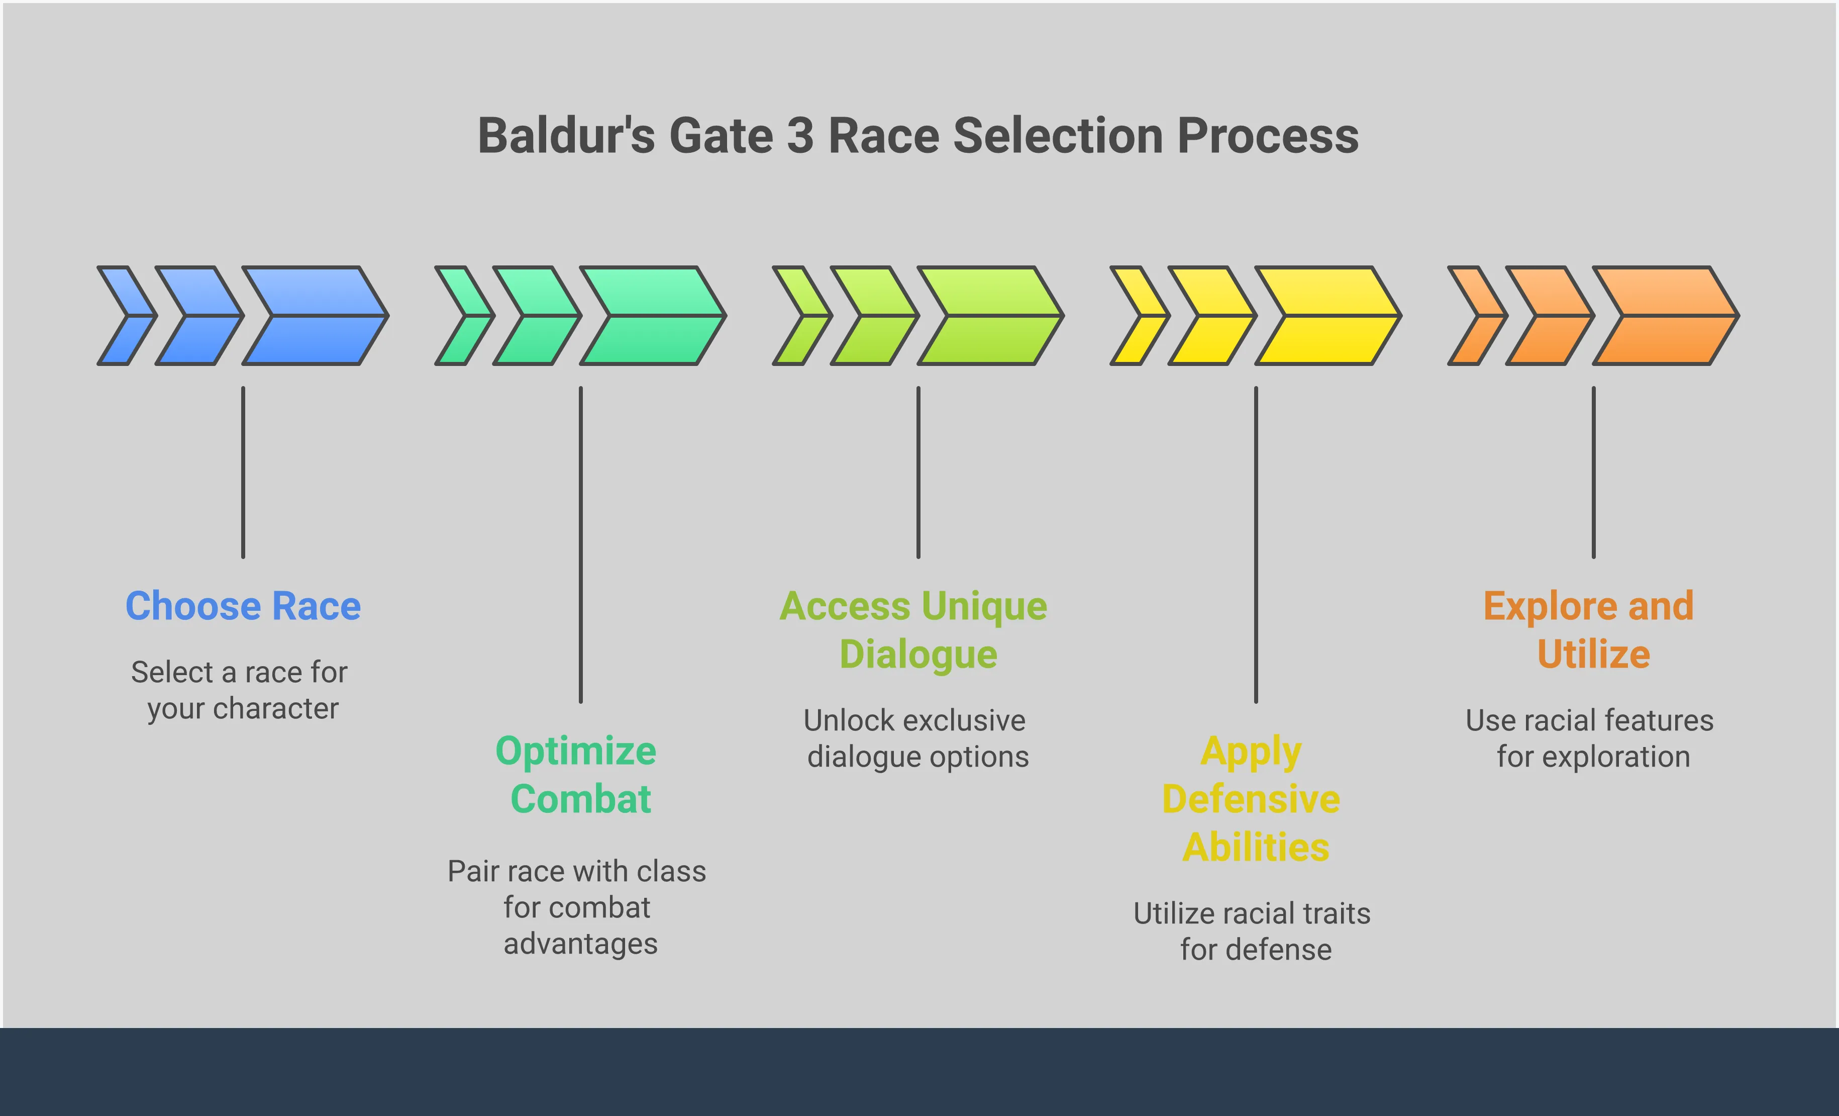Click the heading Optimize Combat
click(577, 774)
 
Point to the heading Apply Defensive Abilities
click(1252, 799)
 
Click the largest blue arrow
click(315, 316)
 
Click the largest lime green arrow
click(990, 316)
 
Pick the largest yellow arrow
click(1329, 316)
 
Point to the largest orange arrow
click(1666, 316)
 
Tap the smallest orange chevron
click(1478, 316)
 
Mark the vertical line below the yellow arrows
click(1256, 544)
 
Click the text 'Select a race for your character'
click(240, 690)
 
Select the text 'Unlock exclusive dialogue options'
click(916, 738)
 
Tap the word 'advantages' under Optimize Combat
click(581, 944)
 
